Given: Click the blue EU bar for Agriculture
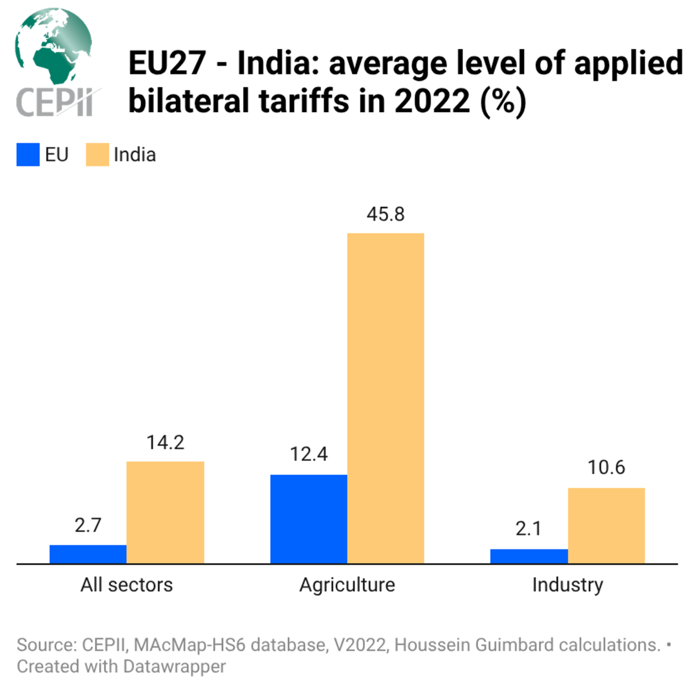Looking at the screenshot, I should [x=309, y=519].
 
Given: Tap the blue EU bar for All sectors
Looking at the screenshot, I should [x=88, y=554].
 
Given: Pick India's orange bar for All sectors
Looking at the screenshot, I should [x=165, y=512].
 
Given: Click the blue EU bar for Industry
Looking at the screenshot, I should [x=529, y=556].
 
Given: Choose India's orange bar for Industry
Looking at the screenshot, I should [x=606, y=525].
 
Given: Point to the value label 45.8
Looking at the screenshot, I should [x=385, y=215].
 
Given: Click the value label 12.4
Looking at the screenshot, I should [x=309, y=455].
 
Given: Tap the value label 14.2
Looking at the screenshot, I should [x=165, y=442].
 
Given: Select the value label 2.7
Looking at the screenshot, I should [x=88, y=525].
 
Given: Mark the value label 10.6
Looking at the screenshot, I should [x=606, y=467].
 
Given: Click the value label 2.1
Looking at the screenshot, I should [x=529, y=529].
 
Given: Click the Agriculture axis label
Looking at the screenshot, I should [x=347, y=585].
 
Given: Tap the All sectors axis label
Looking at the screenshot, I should [x=127, y=585].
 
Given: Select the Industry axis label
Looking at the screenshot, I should [x=567, y=585].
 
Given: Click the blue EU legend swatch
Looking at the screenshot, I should [x=28, y=155].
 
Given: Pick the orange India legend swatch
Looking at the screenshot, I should [x=97, y=155].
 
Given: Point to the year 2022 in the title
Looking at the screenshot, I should [x=432, y=101].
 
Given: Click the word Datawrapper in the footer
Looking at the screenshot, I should [x=174, y=666].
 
